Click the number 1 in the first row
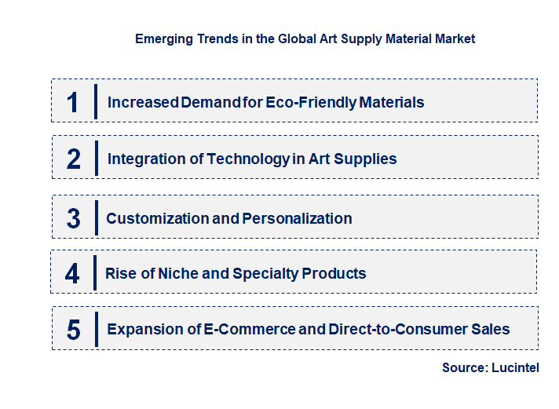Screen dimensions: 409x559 pyautogui.click(x=73, y=102)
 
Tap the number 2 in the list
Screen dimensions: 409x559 pyautogui.click(x=74, y=159)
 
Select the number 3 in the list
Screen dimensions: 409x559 pyautogui.click(x=74, y=219)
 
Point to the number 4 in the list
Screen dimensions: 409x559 pyautogui.click(x=73, y=274)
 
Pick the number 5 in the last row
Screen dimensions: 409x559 pyautogui.click(x=74, y=330)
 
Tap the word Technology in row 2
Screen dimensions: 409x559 pyautogui.click(x=247, y=159)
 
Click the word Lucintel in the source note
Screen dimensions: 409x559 pyautogui.click(x=516, y=367)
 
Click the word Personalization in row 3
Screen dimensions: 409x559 pyautogui.click(x=297, y=218)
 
